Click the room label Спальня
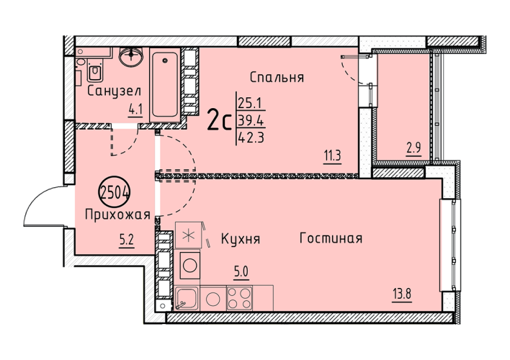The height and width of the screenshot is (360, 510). click(x=277, y=77)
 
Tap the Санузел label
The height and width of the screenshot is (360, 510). click(x=115, y=91)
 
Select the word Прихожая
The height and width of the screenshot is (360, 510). click(x=117, y=215)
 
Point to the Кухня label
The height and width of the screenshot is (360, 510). click(x=241, y=239)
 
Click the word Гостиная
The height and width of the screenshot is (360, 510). click(x=331, y=238)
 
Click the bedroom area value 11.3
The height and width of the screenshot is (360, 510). click(x=332, y=156)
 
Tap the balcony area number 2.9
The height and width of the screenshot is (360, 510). click(x=414, y=149)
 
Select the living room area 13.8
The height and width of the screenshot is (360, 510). click(x=402, y=295)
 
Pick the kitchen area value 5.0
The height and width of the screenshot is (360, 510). click(x=241, y=272)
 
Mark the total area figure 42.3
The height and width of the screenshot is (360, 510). click(x=251, y=138)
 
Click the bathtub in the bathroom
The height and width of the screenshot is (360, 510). click(x=165, y=85)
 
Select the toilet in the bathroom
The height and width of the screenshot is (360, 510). click(x=95, y=71)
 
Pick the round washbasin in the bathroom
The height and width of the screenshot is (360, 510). click(x=131, y=56)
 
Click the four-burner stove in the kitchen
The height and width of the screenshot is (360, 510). click(x=240, y=298)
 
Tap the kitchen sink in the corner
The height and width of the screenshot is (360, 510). click(x=187, y=298)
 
